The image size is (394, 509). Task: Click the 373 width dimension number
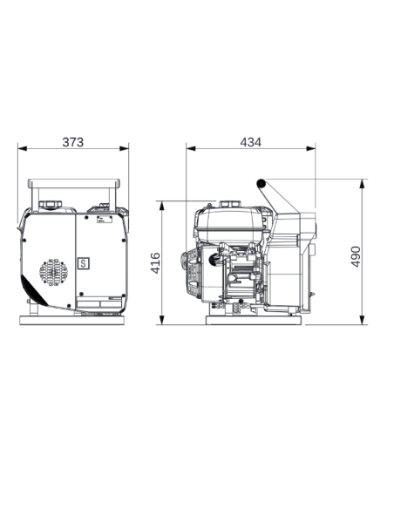(x=73, y=142)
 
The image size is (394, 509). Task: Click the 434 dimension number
(x=250, y=142)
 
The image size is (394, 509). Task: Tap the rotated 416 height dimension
(x=156, y=263)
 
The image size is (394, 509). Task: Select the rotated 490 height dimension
(x=356, y=257)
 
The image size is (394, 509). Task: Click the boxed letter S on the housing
(x=84, y=263)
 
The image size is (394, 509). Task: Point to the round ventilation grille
(x=53, y=272)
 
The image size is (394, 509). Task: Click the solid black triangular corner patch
(x=33, y=291)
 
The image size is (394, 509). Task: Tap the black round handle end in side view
(x=261, y=184)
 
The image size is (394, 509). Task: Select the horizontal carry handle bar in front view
(x=74, y=183)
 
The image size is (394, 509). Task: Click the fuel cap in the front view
(x=51, y=205)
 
